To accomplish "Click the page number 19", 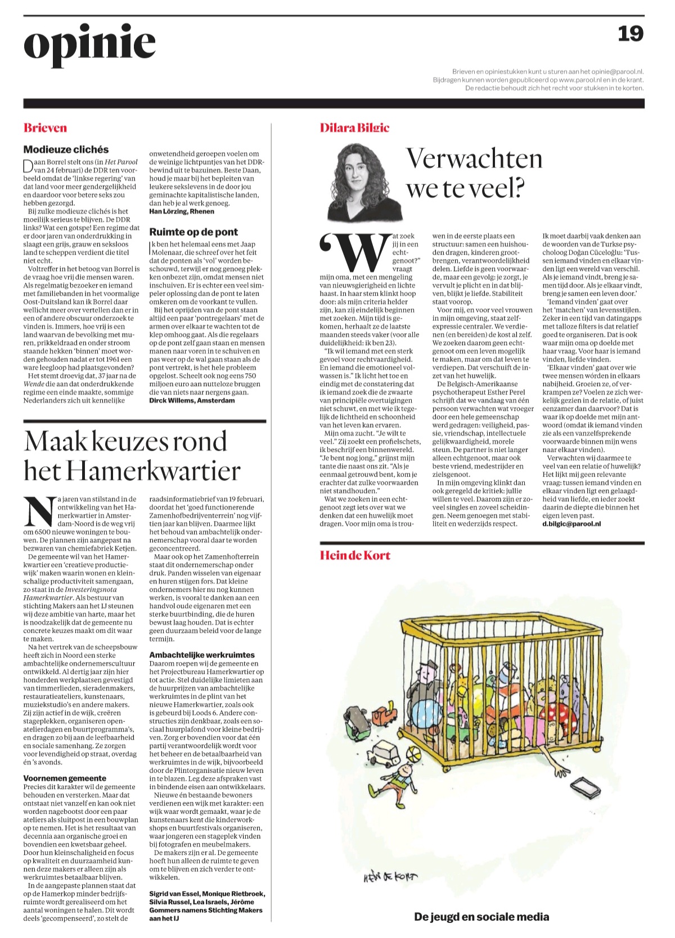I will [631, 34].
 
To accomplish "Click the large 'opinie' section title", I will [89, 43].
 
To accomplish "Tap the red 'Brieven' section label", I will [45, 128].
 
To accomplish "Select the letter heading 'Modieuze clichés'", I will [66, 149].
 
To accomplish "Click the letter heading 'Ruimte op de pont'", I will [193, 232].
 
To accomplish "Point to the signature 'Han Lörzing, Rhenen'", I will [182, 211].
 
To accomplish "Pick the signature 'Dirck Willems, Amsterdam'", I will [192, 400].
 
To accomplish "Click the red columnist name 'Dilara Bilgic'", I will [354, 128].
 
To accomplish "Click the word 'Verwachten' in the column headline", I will [474, 158].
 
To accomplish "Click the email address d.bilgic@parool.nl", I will [571, 523].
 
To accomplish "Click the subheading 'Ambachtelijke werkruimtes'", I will [202, 655].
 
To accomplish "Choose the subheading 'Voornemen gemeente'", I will [65, 778].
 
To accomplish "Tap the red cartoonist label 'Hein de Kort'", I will [355, 555].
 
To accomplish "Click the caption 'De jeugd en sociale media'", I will [481, 917].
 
